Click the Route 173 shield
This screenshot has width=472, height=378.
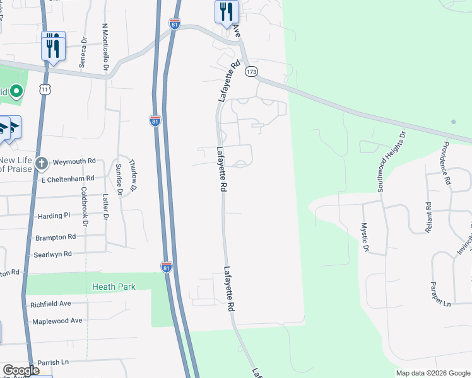pyautogui.click(x=252, y=72)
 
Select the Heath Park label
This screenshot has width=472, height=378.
pyautogui.click(x=114, y=287)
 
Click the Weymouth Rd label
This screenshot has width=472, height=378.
pyautogui.click(x=74, y=162)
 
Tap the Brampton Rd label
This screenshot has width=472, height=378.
pyautogui.click(x=56, y=237)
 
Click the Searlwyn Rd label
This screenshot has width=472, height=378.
pyautogui.click(x=54, y=254)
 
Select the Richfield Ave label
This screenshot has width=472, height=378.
pyautogui.click(x=50, y=304)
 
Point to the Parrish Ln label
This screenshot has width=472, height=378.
pyautogui.click(x=52, y=362)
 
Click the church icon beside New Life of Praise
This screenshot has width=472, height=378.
pyautogui.click(x=41, y=164)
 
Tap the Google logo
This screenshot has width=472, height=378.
pyautogui.click(x=21, y=370)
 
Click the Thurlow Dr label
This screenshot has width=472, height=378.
pyautogui.click(x=132, y=175)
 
